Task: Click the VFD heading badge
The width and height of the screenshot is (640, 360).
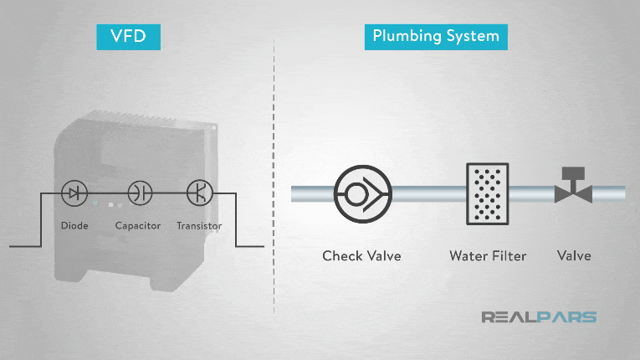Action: (x=127, y=36)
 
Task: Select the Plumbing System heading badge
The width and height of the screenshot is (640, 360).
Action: (x=435, y=36)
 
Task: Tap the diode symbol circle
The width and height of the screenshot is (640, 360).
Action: (x=75, y=193)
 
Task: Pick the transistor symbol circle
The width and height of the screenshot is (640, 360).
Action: (x=200, y=193)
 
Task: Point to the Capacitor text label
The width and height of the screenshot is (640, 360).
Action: (x=138, y=226)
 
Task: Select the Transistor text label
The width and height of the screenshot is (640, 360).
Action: (x=200, y=226)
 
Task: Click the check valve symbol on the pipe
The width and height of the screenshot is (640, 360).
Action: (x=362, y=193)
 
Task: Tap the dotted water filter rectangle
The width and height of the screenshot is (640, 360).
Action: (x=487, y=193)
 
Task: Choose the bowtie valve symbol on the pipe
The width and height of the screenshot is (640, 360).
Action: (x=573, y=193)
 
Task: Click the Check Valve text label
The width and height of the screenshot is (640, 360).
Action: (x=361, y=255)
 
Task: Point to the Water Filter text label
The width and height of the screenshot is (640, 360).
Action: (x=488, y=255)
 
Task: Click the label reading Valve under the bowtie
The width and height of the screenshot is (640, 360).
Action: (x=574, y=255)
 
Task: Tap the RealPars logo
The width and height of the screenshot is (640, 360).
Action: (x=539, y=317)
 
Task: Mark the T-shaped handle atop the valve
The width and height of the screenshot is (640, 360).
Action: (x=573, y=173)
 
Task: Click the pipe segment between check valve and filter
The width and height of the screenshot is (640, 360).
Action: (x=428, y=193)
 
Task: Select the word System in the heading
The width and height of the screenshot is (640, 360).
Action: (x=474, y=36)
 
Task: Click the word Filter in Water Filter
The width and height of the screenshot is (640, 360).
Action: (x=509, y=255)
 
